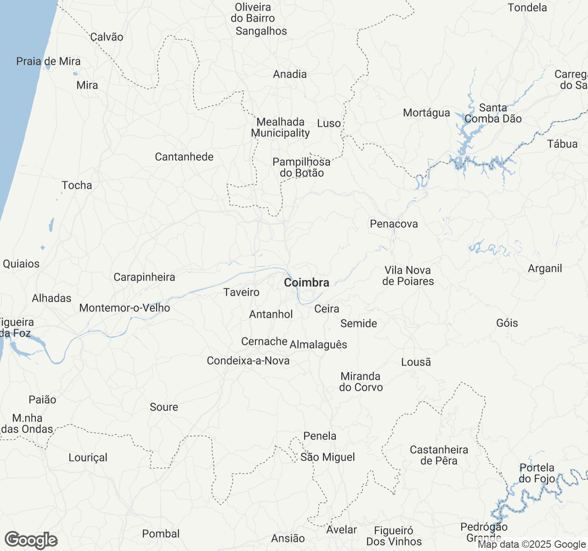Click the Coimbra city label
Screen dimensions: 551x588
pyautogui.click(x=306, y=283)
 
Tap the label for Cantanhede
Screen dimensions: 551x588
pyautogui.click(x=184, y=157)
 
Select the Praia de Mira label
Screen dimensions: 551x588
pyautogui.click(x=48, y=62)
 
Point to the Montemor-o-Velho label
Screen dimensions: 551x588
pyautogui.click(x=124, y=308)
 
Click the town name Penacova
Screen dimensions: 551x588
pyautogui.click(x=394, y=224)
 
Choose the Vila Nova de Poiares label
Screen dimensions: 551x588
pyautogui.click(x=408, y=276)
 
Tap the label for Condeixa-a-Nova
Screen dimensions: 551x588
pyautogui.click(x=248, y=361)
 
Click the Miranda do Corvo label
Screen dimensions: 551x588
pyautogui.click(x=361, y=382)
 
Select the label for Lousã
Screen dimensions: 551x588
pyautogui.click(x=416, y=362)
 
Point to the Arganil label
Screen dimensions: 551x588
pyautogui.click(x=545, y=269)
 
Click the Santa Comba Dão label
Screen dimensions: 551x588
pyautogui.click(x=493, y=113)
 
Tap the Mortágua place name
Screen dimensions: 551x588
pyautogui.click(x=426, y=113)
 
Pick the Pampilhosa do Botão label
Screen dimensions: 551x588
pyautogui.click(x=301, y=168)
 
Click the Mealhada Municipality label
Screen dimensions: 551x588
pyautogui.click(x=280, y=128)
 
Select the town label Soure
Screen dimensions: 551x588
pyautogui.click(x=164, y=407)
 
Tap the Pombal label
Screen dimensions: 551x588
pyautogui.click(x=161, y=534)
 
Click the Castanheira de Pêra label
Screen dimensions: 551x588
pyautogui.click(x=439, y=455)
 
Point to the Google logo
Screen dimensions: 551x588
pyautogui.click(x=31, y=540)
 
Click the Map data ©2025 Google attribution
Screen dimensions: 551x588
pyautogui.click(x=531, y=545)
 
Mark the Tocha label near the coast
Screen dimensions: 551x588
pyautogui.click(x=77, y=186)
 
